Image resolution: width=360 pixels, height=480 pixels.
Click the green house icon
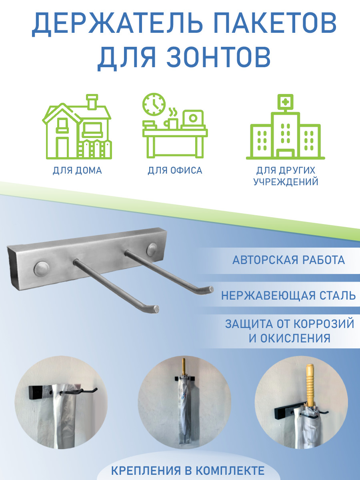(x=77, y=126)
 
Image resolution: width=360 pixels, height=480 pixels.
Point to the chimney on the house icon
(x=92, y=102)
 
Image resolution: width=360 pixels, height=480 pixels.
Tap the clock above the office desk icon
(x=154, y=104)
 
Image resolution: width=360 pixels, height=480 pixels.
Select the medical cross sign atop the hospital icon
(x=285, y=102)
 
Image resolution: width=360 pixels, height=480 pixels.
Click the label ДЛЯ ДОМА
(x=77, y=171)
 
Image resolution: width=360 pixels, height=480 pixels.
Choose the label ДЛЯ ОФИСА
(x=175, y=170)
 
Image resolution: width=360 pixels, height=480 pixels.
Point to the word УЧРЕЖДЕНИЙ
(x=286, y=182)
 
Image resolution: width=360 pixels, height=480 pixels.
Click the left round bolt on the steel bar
(x=42, y=269)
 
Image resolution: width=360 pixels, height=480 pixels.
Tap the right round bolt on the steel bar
(x=152, y=250)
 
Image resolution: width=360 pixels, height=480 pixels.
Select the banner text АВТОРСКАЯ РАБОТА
(x=288, y=260)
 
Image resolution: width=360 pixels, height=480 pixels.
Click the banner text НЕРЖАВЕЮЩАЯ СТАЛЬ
(x=288, y=296)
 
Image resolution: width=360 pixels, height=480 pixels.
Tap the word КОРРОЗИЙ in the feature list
(x=324, y=324)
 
